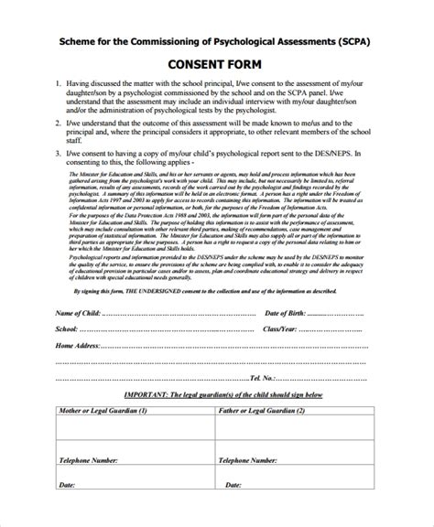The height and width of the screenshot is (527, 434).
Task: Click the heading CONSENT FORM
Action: click(216, 66)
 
